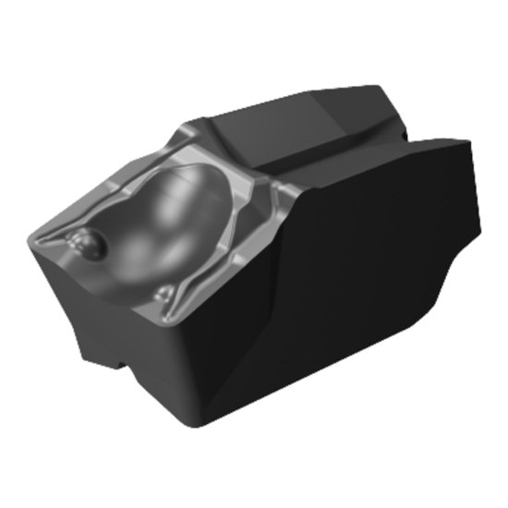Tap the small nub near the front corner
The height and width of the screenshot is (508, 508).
coord(165,293)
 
